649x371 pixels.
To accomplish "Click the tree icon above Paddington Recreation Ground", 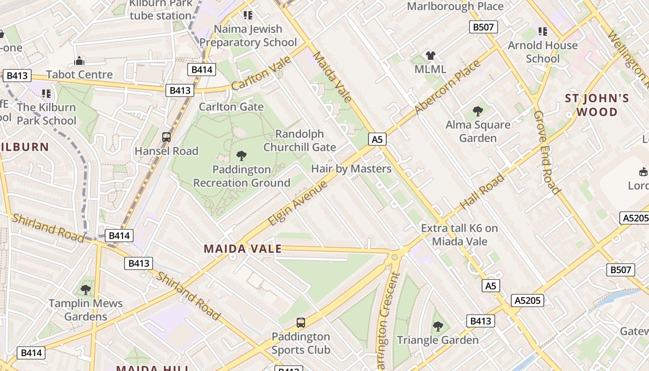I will (241, 155).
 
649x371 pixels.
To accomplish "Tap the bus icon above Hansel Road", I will (166, 137).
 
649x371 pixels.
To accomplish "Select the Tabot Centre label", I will (79, 75).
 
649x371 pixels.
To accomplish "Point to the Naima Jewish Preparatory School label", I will (248, 36).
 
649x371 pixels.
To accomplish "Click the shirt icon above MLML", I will (431, 56).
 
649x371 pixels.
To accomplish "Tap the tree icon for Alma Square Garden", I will (477, 111).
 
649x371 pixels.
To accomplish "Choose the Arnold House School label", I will (542, 52).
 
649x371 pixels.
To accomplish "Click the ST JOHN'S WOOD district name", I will (597, 105).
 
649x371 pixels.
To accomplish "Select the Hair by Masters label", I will (351, 169).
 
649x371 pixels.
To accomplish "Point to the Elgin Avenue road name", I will (298, 203).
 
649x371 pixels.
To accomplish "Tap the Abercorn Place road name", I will (447, 87).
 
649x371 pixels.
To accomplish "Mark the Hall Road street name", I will (482, 192).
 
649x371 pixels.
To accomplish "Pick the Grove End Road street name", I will (547, 152).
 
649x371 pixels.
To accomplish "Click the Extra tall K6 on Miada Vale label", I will (459, 235).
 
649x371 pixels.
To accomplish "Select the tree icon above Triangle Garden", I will (438, 326).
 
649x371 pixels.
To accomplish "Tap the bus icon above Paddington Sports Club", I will (301, 323).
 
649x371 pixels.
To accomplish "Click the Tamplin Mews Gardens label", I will (86, 310).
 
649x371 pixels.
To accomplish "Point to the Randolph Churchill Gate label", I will (299, 141).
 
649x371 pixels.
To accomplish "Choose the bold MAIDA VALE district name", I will (242, 249).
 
